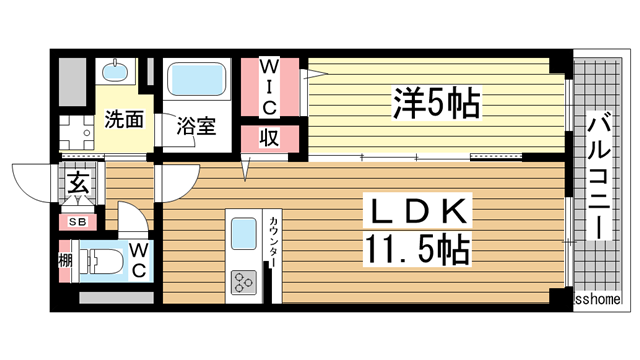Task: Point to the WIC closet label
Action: point(269,87)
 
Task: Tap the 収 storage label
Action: point(269,137)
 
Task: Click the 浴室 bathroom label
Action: point(197,127)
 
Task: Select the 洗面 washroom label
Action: point(125,120)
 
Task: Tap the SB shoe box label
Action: point(76,222)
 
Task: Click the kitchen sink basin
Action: point(245,237)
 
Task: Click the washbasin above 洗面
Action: point(117,73)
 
